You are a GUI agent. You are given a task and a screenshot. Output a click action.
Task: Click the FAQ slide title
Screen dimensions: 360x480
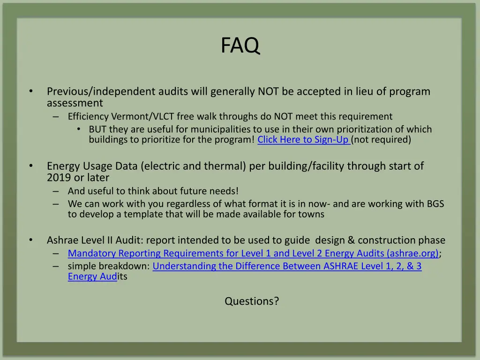pos(240,46)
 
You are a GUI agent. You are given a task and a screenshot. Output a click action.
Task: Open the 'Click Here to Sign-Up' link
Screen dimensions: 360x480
pos(303,139)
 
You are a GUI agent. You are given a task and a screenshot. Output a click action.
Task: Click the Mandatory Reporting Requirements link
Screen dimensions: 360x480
pos(253,254)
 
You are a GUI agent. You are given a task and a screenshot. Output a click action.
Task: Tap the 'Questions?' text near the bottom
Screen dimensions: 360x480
pos(252,301)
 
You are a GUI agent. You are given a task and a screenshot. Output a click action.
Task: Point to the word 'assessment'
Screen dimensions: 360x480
pos(75,103)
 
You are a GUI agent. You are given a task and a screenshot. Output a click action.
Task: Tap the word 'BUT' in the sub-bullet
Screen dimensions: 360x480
pos(98,129)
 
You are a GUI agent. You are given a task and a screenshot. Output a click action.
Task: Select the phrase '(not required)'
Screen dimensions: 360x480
pos(382,139)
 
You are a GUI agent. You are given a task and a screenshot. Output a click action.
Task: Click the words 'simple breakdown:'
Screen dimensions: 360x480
pos(109,266)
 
